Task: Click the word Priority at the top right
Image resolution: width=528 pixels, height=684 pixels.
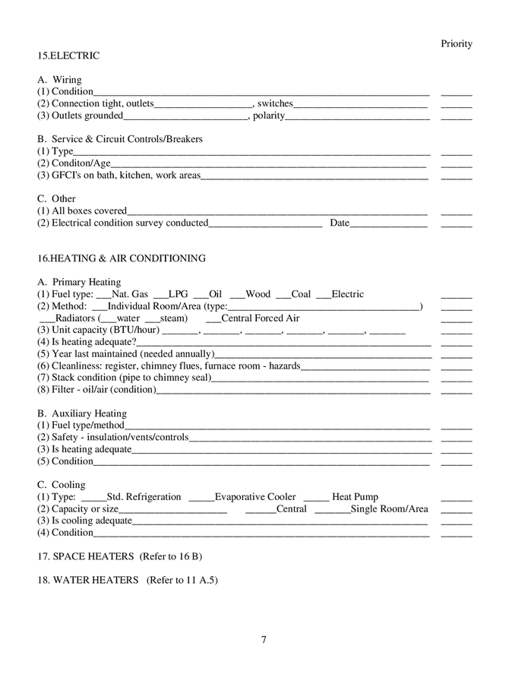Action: pyautogui.click(x=457, y=43)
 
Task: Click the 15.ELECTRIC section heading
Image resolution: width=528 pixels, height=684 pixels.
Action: pyautogui.click(x=68, y=55)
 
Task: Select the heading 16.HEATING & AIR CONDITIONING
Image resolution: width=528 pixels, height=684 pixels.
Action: pyautogui.click(x=122, y=258)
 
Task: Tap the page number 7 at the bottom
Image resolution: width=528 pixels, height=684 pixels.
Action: pyautogui.click(x=264, y=639)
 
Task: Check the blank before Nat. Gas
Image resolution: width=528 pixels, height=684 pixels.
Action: pyautogui.click(x=104, y=295)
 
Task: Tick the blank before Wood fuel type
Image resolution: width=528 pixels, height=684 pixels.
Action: pyautogui.click(x=237, y=295)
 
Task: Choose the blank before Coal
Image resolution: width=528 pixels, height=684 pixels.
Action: pyautogui.click(x=283, y=295)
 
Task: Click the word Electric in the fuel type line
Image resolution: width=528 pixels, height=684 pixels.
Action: pyautogui.click(x=348, y=294)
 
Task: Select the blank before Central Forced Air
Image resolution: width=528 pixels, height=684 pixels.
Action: pyautogui.click(x=213, y=319)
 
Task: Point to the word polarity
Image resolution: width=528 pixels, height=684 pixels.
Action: pyautogui.click(x=268, y=116)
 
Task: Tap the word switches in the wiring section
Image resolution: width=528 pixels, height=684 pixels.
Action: pyautogui.click(x=275, y=103)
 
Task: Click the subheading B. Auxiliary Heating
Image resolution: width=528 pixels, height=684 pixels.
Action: pyautogui.click(x=82, y=413)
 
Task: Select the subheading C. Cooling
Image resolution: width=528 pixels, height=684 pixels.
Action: pyautogui.click(x=62, y=485)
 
